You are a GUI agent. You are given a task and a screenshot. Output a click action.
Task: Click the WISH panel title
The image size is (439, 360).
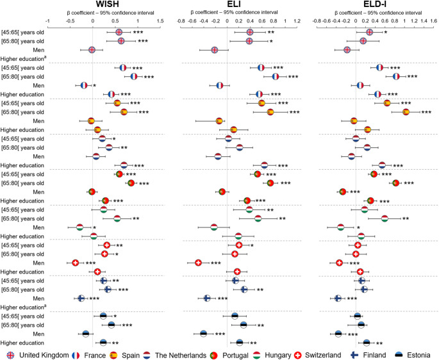click(107, 4)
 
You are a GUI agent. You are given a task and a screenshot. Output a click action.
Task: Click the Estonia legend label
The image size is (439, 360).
click(418, 356)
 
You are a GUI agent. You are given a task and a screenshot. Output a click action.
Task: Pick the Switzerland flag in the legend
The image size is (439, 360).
click(297, 356)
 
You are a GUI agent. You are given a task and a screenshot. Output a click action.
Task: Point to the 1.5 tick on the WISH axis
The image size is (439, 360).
click(160, 21)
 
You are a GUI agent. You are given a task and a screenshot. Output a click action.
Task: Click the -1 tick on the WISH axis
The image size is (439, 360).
click(47, 21)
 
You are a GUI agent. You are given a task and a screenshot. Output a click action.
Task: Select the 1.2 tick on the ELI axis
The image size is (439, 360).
click(297, 21)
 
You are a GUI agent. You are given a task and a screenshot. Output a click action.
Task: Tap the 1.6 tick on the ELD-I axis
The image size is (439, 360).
click(433, 21)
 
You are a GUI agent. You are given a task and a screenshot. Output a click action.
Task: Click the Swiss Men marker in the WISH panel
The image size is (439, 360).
click(75, 263)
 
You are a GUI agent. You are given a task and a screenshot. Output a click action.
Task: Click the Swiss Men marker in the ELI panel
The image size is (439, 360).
click(198, 263)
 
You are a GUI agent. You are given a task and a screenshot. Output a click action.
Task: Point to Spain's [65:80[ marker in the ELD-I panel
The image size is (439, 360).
click(406, 112)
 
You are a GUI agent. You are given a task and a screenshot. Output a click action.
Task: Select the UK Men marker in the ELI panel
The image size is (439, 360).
click(215, 50)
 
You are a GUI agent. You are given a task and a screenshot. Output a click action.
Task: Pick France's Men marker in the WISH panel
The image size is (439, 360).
click(84, 85)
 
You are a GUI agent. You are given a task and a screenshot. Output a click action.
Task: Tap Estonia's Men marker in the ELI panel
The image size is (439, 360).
click(204, 334)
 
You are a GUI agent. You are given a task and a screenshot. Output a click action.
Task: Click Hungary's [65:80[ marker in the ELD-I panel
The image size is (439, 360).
click(385, 218)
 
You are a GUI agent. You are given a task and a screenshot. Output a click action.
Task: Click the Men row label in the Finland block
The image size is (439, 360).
click(38, 299)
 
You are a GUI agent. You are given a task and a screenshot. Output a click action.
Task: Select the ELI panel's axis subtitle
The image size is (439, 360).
click(235, 13)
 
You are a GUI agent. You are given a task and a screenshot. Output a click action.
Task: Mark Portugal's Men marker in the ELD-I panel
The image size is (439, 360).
click(342, 192)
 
